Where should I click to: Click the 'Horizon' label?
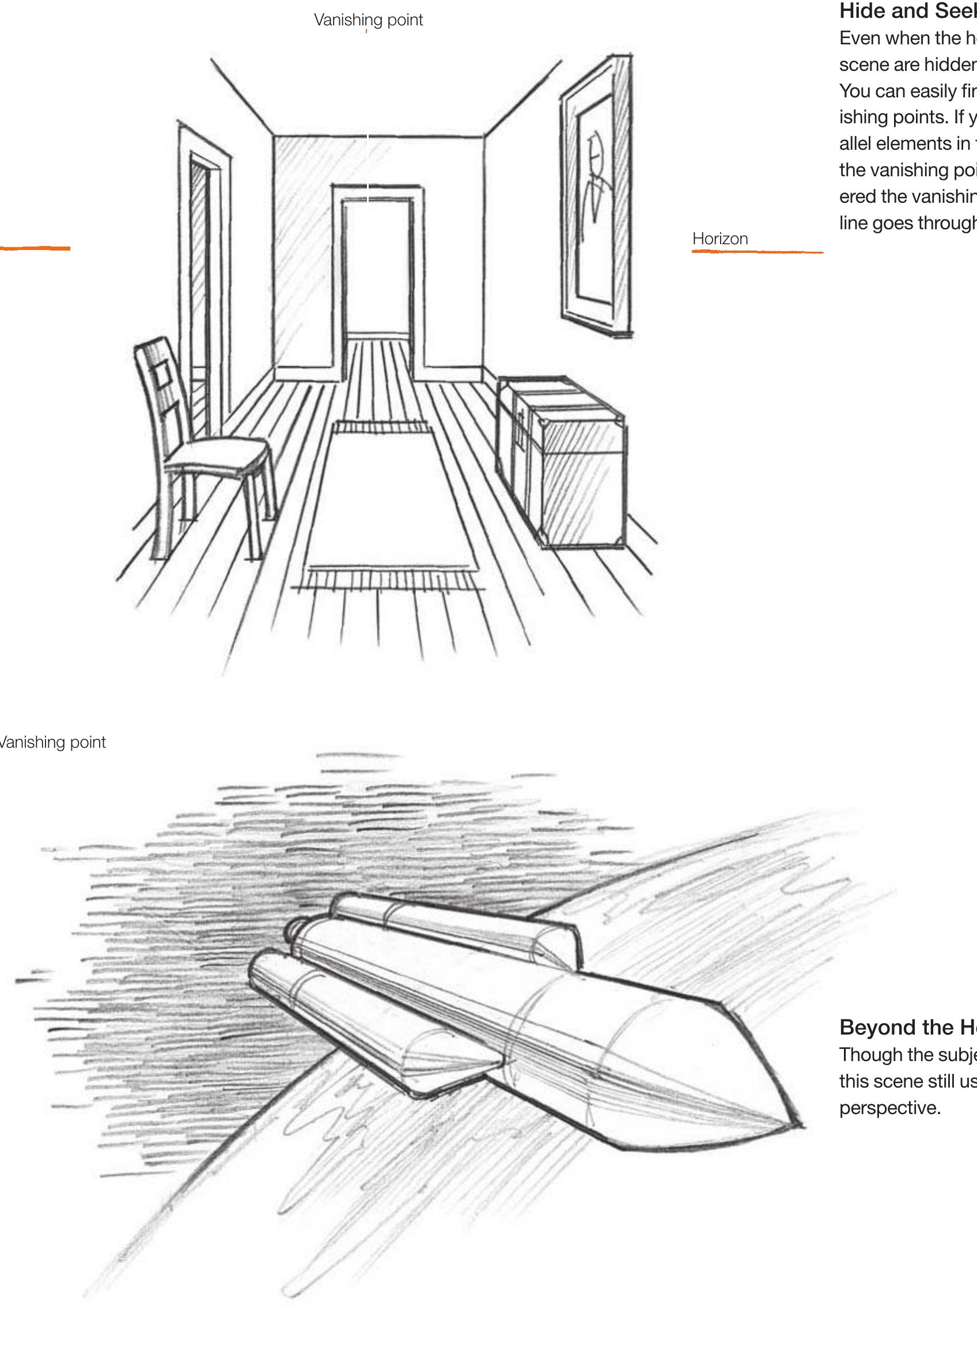coord(720,238)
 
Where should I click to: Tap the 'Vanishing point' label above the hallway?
coord(368,20)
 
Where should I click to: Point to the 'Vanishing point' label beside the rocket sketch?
coord(52,743)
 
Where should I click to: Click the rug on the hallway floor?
coord(389,496)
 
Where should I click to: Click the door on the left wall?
coord(201,269)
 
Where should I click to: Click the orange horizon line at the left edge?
coord(35,248)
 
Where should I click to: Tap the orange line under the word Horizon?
coord(757,252)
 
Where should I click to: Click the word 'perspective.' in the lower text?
coord(889,1108)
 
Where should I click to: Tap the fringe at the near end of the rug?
coord(389,580)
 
